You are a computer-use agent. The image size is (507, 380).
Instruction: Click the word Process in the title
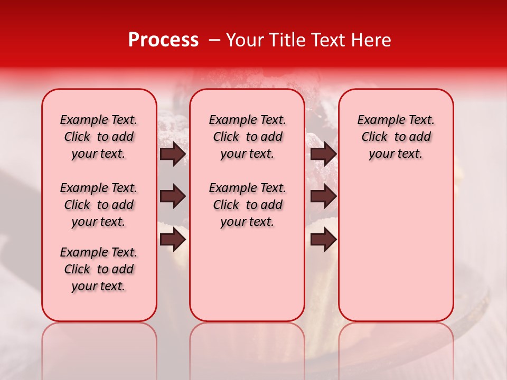coord(163,40)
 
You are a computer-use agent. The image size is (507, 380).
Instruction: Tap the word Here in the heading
coord(372,40)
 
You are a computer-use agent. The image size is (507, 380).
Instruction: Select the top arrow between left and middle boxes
coord(173,154)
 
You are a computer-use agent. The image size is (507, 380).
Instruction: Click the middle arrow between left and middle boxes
coord(173,197)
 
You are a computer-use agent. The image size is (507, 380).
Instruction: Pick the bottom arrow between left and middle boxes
coord(173,239)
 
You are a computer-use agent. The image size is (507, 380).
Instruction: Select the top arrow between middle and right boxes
coord(323,154)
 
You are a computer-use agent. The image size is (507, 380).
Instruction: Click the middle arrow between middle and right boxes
coord(323,197)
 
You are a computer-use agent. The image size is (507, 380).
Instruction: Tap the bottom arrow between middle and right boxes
coord(323,239)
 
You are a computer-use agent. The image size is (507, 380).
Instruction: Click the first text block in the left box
coord(99,137)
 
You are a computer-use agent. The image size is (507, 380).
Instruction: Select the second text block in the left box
coord(99,205)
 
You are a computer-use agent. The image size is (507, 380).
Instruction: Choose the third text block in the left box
coord(99,269)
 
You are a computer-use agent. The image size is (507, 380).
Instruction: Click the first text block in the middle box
coord(247,137)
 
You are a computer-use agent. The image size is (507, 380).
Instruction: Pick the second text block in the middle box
coord(247,205)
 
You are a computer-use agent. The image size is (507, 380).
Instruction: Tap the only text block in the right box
coord(396,137)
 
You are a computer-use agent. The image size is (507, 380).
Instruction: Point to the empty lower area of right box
coord(396,248)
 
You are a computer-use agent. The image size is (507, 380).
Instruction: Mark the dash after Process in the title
coord(214,40)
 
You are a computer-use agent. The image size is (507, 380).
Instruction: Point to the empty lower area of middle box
coord(247,274)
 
